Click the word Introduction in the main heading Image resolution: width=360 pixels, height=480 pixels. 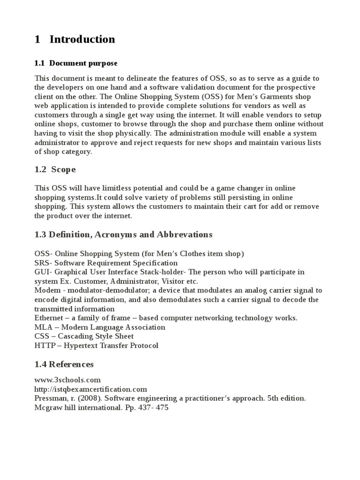82,39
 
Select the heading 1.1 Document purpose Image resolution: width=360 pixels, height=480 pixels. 76,63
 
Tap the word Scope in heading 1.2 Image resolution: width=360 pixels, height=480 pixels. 63,169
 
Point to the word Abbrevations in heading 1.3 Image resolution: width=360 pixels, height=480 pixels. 184,234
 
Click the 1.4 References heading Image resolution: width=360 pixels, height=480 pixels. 64,364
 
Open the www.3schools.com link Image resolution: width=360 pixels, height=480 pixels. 67,380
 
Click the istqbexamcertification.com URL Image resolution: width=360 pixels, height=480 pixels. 91,389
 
